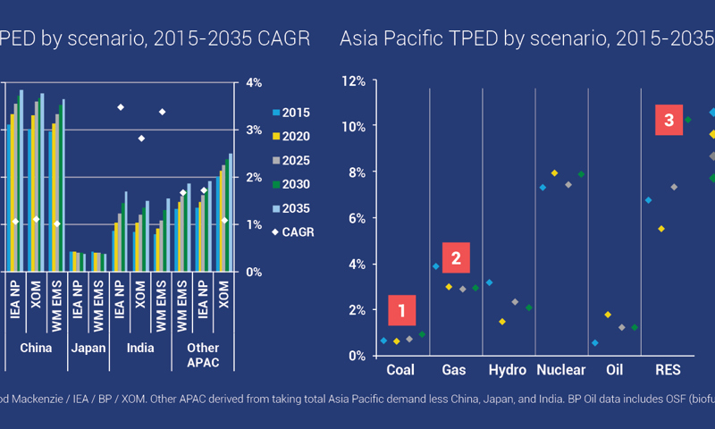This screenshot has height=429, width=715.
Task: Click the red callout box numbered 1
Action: pyautogui.click(x=402, y=311)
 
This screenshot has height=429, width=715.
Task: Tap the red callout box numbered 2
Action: pyautogui.click(x=456, y=259)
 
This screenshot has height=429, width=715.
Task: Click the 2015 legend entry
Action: pyautogui.click(x=291, y=113)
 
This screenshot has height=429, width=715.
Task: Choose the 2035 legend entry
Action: pyautogui.click(x=291, y=208)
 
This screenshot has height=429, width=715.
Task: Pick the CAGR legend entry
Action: pyautogui.click(x=292, y=232)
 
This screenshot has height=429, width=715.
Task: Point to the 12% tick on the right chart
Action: pyautogui.click(x=354, y=81)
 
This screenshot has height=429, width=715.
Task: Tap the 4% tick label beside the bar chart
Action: pyautogui.click(x=254, y=83)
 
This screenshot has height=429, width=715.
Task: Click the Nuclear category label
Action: pyautogui.click(x=561, y=370)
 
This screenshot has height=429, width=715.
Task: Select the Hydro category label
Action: pyautogui.click(x=507, y=370)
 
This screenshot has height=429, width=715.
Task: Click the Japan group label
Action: pyautogui.click(x=88, y=348)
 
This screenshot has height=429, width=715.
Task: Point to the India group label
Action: pyautogui.click(x=139, y=348)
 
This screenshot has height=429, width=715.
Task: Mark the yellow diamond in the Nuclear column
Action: pyautogui.click(x=555, y=172)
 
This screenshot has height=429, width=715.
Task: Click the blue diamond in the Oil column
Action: pyautogui.click(x=595, y=343)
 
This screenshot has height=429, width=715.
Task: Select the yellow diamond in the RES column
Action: pyautogui.click(x=661, y=229)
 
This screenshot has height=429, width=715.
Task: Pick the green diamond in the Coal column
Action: pyautogui.click(x=422, y=334)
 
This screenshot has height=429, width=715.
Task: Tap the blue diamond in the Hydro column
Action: pyautogui.click(x=489, y=282)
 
